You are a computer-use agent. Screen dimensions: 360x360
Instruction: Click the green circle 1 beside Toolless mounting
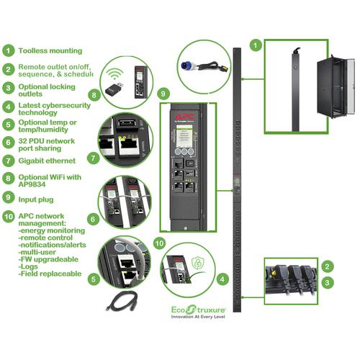click(9, 51)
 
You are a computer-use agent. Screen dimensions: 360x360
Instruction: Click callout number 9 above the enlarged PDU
click(163, 94)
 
